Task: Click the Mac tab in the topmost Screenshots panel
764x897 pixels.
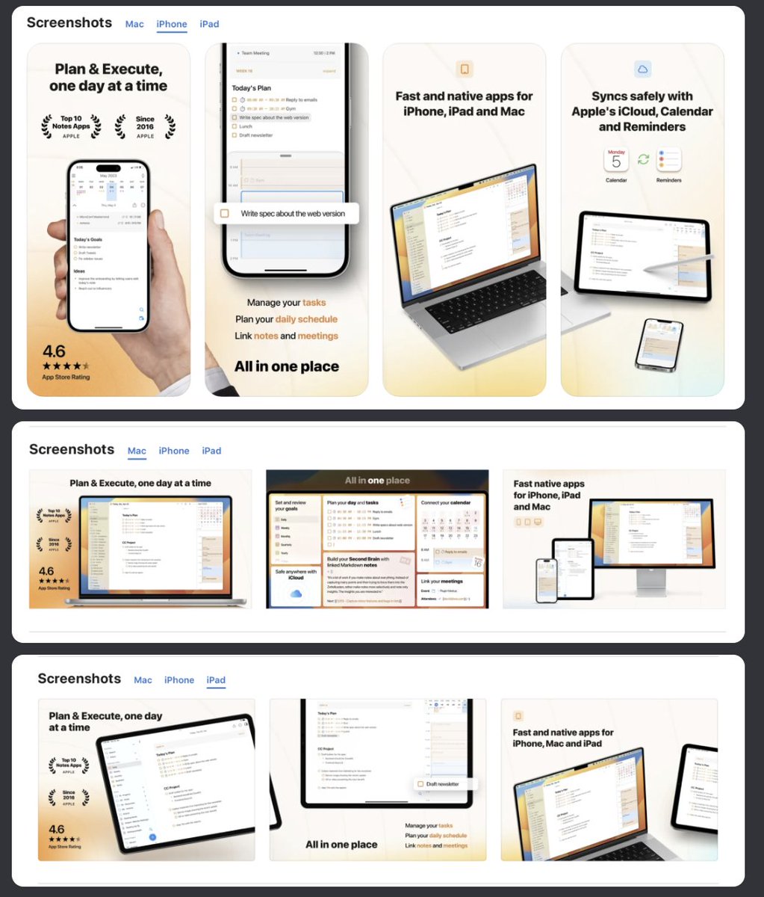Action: coord(134,24)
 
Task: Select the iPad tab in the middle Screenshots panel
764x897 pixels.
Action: coord(211,451)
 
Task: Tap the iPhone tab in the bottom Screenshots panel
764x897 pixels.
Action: coord(179,680)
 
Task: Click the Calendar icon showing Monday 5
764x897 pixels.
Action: coord(616,160)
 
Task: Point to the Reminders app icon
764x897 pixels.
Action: coord(668,160)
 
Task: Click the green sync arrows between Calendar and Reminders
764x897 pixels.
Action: coord(642,160)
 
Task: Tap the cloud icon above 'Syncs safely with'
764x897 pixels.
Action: coord(642,70)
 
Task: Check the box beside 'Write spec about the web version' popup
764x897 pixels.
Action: coord(225,214)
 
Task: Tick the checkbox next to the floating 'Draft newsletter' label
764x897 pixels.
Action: coord(421,784)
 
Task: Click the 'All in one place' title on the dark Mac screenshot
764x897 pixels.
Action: coord(377,481)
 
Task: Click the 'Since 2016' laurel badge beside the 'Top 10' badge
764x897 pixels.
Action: coord(145,127)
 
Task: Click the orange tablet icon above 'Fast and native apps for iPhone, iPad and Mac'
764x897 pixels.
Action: coord(465,70)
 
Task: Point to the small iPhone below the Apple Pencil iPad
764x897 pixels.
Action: coord(659,344)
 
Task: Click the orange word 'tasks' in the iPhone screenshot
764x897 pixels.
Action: coord(314,303)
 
